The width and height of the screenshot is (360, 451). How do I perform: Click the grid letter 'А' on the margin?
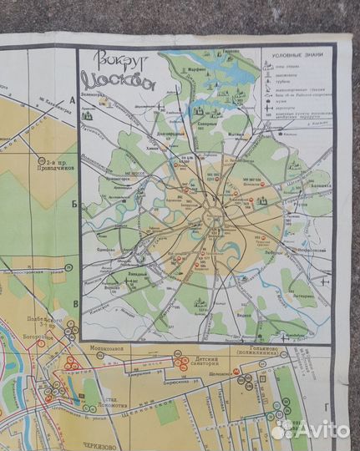pyautogui.click(x=73, y=99)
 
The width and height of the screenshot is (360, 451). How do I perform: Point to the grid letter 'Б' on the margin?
pyautogui.click(x=74, y=203)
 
